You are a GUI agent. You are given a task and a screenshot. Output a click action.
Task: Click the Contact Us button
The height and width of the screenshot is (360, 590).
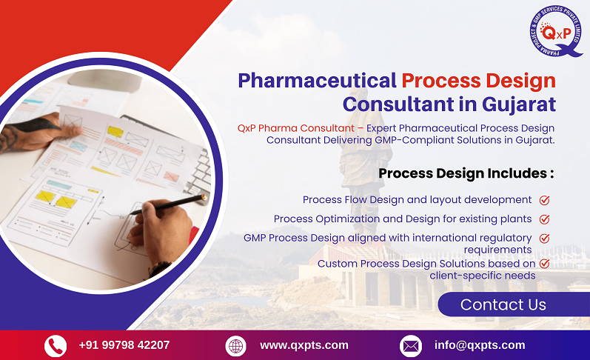coord(503,304)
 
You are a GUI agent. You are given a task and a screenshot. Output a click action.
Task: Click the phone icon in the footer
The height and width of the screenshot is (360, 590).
coord(56,345)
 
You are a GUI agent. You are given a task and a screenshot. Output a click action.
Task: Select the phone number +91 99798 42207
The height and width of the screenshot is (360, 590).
coord(124,345)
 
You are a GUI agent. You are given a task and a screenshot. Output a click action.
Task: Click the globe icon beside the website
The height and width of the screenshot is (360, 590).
coord(235,345)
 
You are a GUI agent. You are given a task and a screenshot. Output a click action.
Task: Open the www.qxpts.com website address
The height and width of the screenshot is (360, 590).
coord(304,345)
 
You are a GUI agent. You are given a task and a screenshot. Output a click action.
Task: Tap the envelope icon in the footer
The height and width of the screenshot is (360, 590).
coord(410,345)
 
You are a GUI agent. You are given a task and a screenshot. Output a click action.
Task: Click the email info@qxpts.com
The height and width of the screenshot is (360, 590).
coord(479,345)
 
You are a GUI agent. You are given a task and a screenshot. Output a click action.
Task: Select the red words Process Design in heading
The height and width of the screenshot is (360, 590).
coord(478,79)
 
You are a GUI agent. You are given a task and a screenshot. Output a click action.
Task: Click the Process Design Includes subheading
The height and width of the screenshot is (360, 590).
coord(466,173)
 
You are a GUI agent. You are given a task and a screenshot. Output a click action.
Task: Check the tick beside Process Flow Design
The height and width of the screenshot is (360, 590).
coord(544,200)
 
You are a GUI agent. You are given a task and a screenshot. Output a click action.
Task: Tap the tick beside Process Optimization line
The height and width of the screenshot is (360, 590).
coord(544,219)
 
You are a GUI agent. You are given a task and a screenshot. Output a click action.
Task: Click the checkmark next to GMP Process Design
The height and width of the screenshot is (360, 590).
coord(544,239)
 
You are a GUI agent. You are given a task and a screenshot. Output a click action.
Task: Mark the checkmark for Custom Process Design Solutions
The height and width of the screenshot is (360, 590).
coord(544,264)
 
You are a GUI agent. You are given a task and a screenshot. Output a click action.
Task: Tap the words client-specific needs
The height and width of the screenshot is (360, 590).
coord(482,276)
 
